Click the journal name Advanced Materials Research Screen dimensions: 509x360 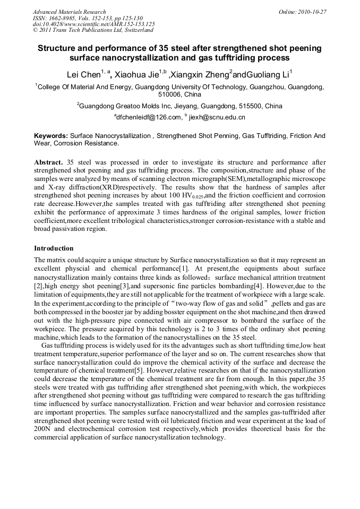click(x=69, y=12)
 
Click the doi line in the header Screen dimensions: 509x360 click(x=93, y=24)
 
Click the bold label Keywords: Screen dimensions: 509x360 click(x=51, y=136)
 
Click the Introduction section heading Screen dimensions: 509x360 click(x=54, y=248)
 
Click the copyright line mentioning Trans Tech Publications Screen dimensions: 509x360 click(x=93, y=30)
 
